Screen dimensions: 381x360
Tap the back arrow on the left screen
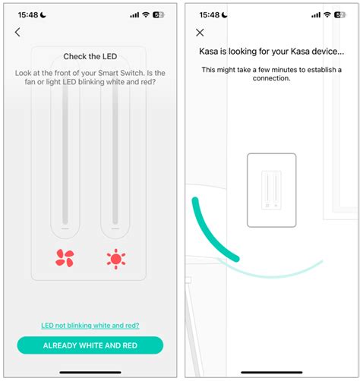(x=17, y=32)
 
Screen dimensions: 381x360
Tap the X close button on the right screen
(x=200, y=33)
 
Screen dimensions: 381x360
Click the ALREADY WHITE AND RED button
(x=90, y=345)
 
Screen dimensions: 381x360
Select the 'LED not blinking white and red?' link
(x=90, y=325)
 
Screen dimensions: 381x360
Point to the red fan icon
(x=65, y=258)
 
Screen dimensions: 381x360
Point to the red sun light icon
(x=115, y=258)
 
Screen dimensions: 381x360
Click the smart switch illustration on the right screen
(x=271, y=190)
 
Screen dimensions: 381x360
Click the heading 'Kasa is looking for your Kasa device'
(x=271, y=53)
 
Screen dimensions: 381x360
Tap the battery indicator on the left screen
(x=159, y=14)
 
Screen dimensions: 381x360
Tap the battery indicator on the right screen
(x=339, y=14)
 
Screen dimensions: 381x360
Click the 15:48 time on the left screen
(x=29, y=14)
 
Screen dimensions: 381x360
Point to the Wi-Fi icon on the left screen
(x=145, y=14)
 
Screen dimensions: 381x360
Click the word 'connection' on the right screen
(x=271, y=78)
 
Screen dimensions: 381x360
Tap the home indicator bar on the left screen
(x=90, y=372)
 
